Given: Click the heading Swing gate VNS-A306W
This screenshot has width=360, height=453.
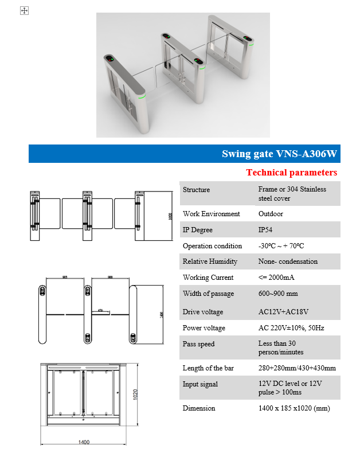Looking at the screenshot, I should pyautogui.click(x=279, y=154).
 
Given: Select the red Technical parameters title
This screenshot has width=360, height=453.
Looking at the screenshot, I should pyautogui.click(x=292, y=172).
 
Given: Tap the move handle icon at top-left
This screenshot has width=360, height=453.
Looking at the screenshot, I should pyautogui.click(x=24, y=10).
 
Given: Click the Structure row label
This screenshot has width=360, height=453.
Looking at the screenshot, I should pyautogui.click(x=196, y=190).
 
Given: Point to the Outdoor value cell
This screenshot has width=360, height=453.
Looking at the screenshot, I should pyautogui.click(x=271, y=214).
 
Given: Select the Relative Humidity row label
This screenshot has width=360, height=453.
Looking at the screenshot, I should pyautogui.click(x=210, y=261).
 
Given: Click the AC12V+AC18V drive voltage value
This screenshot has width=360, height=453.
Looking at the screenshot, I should pyautogui.click(x=284, y=312).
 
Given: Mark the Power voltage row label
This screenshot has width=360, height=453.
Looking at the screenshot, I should pyautogui.click(x=204, y=328).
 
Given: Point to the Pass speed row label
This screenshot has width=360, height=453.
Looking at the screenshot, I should pyautogui.click(x=198, y=344).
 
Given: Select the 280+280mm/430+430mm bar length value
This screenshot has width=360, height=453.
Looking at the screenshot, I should pyautogui.click(x=297, y=368).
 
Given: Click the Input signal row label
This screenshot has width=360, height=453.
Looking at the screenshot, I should pyautogui.click(x=200, y=384).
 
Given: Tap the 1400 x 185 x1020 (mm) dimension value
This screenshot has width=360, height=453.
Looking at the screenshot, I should pyautogui.click(x=294, y=408).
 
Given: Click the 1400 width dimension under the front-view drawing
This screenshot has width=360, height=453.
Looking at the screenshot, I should pyautogui.click(x=84, y=443).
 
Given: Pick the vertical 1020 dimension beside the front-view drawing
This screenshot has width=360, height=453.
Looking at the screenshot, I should pyautogui.click(x=136, y=396).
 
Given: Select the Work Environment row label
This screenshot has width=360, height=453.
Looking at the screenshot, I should pyautogui.click(x=211, y=214).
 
